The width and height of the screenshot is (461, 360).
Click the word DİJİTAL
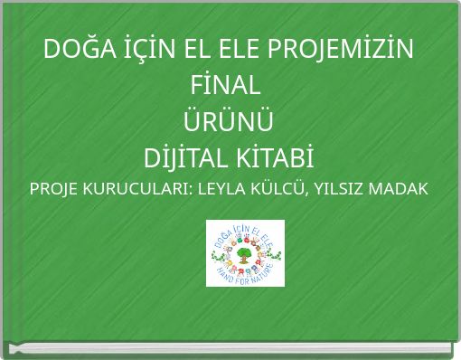coord(184,160)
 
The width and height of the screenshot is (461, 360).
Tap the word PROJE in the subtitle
coord(55,192)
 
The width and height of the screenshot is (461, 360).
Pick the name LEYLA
coord(222,192)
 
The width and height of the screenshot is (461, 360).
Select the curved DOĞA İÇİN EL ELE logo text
coord(245,230)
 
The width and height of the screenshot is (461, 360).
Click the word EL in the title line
coord(207,50)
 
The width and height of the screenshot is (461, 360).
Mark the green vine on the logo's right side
coord(276,256)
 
